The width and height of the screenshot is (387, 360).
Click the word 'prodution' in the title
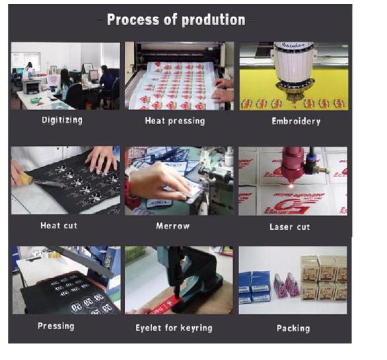213,20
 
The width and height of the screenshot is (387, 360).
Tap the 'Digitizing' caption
62,120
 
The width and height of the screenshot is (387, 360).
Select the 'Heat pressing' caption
175,121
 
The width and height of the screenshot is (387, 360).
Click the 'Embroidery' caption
296,122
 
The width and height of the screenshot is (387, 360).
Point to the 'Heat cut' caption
59,225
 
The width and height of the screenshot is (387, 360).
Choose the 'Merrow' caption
173,226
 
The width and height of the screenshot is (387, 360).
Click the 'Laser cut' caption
289,227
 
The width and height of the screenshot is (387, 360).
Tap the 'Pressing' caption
56,326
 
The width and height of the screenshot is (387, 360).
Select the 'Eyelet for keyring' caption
174,328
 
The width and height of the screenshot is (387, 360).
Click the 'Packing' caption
293,328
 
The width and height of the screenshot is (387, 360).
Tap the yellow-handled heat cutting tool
37,180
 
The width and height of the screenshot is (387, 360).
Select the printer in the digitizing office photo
32,87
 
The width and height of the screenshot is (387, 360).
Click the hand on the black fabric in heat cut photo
101,160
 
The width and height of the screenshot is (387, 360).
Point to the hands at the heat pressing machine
223,90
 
